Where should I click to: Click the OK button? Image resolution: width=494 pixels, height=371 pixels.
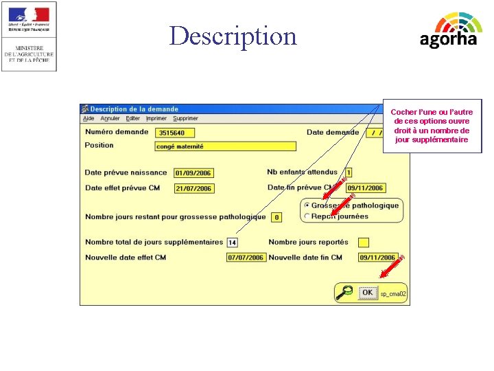368,293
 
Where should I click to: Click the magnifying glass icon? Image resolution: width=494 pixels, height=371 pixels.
345,293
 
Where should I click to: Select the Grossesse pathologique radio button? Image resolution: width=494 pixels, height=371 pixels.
307,205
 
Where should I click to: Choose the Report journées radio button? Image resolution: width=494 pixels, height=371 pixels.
307,216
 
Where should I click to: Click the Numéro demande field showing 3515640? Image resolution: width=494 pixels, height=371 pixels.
176,133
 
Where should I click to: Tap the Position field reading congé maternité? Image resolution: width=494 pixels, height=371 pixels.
226,146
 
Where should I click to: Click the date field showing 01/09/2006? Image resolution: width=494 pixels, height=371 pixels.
193,173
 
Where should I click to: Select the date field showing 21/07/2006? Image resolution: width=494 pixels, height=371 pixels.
193,188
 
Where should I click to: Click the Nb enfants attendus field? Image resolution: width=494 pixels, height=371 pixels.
349,173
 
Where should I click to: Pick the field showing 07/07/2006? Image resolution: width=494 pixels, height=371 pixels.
246,258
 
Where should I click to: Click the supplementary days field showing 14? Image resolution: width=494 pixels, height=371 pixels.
232,243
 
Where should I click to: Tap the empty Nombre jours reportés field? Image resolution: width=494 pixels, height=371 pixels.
364,243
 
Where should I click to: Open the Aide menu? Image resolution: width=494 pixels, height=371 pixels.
89,119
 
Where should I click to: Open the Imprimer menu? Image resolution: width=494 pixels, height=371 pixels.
156,119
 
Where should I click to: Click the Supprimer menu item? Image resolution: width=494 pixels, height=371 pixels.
185,119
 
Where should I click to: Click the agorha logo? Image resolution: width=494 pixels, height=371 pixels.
449,31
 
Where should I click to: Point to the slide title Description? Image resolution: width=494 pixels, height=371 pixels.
233,36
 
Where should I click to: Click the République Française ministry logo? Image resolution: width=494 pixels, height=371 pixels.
29,36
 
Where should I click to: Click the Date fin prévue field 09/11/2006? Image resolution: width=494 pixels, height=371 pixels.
366,188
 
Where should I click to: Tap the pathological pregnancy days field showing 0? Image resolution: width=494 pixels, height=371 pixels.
277,217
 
